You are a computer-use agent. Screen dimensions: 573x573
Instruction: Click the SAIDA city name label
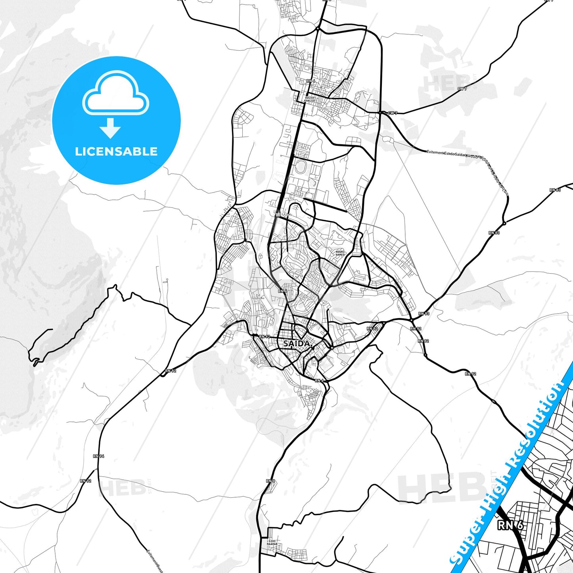point(296,343)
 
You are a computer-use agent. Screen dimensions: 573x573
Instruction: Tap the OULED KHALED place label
point(309,99)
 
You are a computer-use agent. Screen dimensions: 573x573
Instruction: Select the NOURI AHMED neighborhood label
point(340,253)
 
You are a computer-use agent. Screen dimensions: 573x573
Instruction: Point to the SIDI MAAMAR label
point(272,542)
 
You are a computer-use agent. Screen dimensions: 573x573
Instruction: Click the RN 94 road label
point(99,456)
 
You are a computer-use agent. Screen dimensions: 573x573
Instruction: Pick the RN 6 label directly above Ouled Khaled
point(310,81)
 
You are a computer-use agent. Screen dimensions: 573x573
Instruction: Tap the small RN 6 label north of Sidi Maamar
point(270,481)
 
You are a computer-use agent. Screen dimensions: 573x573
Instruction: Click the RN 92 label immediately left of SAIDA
point(264,337)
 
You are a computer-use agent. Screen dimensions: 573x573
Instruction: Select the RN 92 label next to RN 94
point(86,481)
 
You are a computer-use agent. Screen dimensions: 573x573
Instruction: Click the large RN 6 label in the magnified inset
point(510,525)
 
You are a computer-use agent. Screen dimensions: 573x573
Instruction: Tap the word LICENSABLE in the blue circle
point(116,151)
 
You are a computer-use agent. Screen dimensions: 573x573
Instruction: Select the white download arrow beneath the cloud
point(110,128)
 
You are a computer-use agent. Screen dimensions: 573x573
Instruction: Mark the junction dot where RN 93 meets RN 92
point(412,319)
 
